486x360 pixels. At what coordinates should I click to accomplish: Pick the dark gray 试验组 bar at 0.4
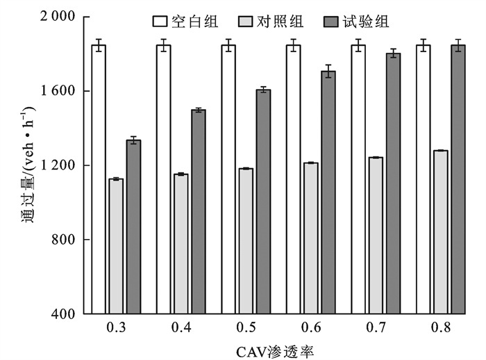[x=199, y=211]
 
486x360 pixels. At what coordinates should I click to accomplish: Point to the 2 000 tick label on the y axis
[x=60, y=17]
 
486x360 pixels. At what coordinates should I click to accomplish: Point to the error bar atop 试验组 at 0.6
[x=328, y=71]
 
